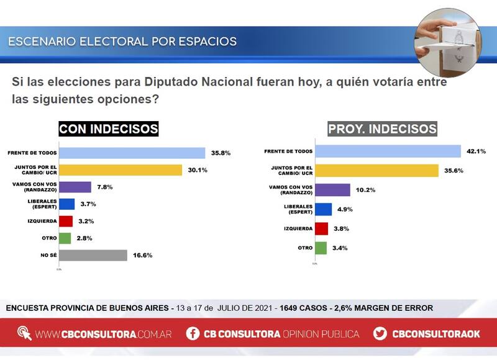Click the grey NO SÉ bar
(x=93, y=255)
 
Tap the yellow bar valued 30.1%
(x=120, y=170)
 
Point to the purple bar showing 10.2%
(x=332, y=190)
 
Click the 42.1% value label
(x=476, y=151)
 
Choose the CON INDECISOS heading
(x=109, y=129)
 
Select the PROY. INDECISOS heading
(x=382, y=129)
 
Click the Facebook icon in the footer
(x=194, y=334)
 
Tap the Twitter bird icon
(x=380, y=334)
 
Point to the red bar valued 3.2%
(x=66, y=221)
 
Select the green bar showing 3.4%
(x=321, y=248)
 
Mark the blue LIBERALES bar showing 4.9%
(x=323, y=209)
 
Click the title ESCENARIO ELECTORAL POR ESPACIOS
(x=122, y=42)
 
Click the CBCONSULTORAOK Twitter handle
(x=436, y=334)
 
